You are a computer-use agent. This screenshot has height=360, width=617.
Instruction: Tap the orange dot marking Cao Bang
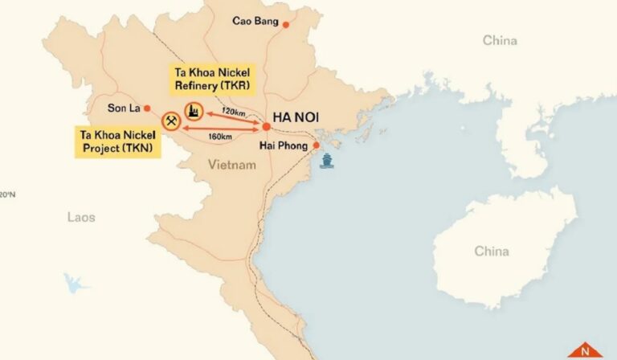(284, 22)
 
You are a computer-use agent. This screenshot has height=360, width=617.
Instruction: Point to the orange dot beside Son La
(146, 108)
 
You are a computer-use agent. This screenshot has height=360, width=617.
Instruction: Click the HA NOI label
(296, 117)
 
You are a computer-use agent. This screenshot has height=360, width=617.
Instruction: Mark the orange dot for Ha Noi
(266, 127)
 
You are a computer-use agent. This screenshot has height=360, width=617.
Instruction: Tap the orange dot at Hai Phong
(317, 145)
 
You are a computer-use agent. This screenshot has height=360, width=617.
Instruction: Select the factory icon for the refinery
(194, 112)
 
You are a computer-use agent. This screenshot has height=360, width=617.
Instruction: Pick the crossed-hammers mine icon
(171, 122)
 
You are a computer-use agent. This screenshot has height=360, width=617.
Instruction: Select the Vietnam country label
(231, 165)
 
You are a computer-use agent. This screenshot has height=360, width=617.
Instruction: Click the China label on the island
(491, 252)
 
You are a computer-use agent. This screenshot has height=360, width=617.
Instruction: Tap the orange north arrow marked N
(584, 350)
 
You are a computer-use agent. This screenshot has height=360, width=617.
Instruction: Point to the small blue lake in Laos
(76, 283)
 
